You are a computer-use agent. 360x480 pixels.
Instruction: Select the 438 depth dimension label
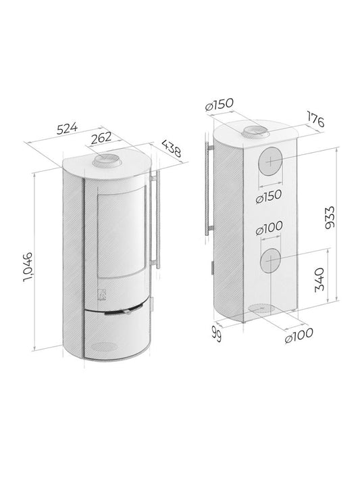click(x=172, y=149)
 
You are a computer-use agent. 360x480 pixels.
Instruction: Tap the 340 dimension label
click(x=322, y=278)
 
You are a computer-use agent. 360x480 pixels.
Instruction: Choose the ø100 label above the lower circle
click(x=270, y=230)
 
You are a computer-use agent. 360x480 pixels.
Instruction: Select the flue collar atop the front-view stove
click(x=108, y=160)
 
